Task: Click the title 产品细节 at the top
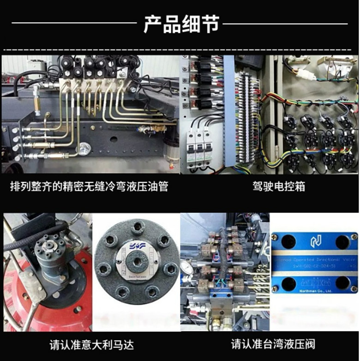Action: (x=180, y=24)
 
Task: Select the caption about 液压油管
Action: (x=89, y=187)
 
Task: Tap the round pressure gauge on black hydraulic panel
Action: (x=84, y=149)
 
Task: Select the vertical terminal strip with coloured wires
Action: (x=244, y=115)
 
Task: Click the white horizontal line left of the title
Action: (x=74, y=23)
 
